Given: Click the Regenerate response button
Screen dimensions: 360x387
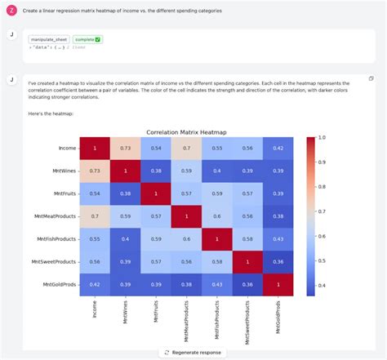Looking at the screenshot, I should [193, 352].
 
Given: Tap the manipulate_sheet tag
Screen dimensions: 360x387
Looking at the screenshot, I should [48, 39].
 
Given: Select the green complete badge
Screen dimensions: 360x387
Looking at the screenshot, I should [87, 39].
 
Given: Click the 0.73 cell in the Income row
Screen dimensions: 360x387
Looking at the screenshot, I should [125, 148].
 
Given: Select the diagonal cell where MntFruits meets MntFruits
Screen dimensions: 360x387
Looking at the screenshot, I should [156, 193].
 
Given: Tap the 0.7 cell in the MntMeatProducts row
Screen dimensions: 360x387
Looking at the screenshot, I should [94, 216].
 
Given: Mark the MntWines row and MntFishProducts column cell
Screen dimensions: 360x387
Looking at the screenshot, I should [218, 170].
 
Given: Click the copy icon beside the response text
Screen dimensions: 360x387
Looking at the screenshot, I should [371, 78].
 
